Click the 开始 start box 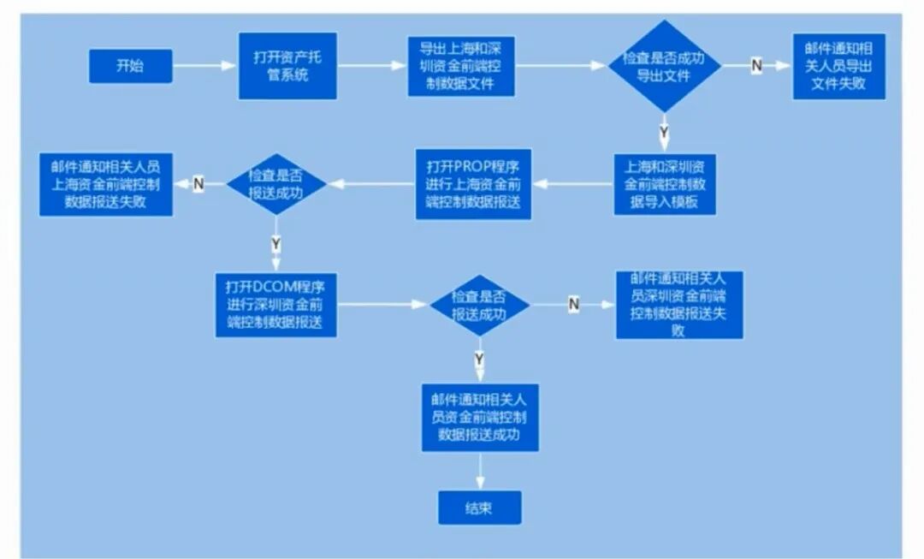coord(130,66)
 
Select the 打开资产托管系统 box coord(287,66)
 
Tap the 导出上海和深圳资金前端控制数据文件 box coord(461,66)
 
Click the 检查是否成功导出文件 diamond coord(664,65)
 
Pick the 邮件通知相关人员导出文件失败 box coord(838,66)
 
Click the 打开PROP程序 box coord(473,184)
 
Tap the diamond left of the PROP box coord(275,183)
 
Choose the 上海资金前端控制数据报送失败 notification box coord(106,183)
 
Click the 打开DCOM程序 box coord(275,305)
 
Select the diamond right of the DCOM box coord(479,304)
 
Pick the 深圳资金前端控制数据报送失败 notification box coord(678,304)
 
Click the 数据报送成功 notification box coord(479,417)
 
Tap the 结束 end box coord(479,508)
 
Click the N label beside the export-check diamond coord(756,66)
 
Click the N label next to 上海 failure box coord(198,183)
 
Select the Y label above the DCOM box coord(275,244)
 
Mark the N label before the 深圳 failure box coord(573,304)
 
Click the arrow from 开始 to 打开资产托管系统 coord(205,66)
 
